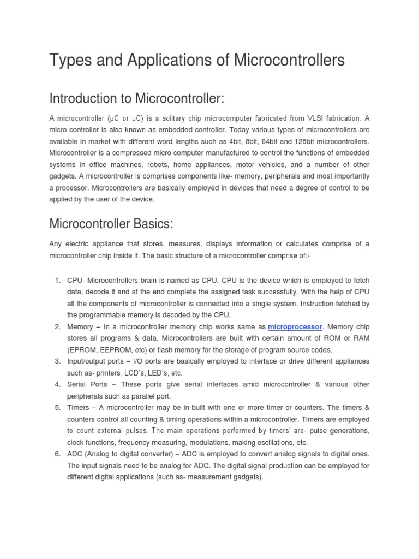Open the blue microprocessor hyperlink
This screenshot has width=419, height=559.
[x=295, y=326]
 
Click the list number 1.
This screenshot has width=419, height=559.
[x=57, y=280]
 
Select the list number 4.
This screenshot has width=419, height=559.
[x=57, y=384]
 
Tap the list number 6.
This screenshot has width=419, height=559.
[x=57, y=454]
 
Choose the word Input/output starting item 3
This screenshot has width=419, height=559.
[x=88, y=361]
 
